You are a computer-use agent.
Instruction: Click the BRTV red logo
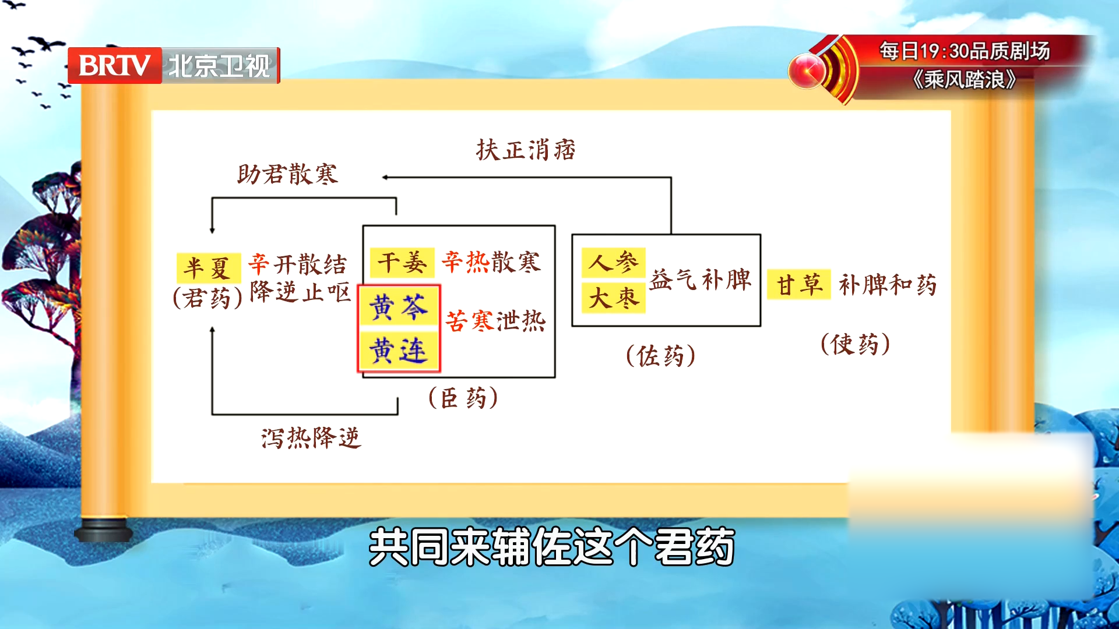point(114,65)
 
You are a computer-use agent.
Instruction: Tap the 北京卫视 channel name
point(220,66)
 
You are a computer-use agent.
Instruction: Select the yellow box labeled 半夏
point(208,268)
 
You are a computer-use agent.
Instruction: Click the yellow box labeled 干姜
point(402,262)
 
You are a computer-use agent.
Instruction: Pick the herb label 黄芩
point(399,307)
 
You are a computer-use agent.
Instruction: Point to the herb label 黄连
point(399,351)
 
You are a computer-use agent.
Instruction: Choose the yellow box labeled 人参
point(613,262)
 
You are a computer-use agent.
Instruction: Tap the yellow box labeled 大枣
point(613,298)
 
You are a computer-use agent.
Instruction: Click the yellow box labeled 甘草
point(798,285)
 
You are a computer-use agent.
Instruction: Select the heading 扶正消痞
point(526,150)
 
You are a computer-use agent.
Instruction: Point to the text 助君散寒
point(287,174)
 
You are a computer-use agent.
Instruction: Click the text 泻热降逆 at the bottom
point(311,438)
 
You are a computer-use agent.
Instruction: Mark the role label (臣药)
point(463,398)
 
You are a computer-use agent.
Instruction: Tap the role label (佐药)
point(661,356)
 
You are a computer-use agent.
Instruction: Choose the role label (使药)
point(856,344)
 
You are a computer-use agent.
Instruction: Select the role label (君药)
point(207,298)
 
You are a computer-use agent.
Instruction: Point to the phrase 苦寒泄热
point(495,321)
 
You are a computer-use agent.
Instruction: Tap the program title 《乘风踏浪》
point(965,79)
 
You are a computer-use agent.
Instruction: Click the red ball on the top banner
point(807,71)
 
